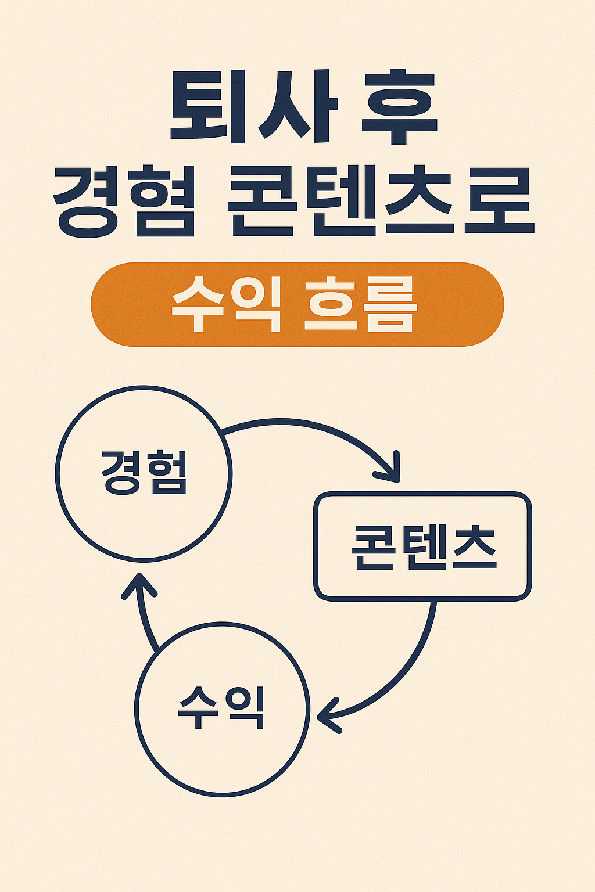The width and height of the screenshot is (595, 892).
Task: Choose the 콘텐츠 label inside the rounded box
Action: pyautogui.click(x=424, y=546)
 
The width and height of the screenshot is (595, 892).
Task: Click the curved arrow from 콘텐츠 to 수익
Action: pyautogui.click(x=407, y=668)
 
